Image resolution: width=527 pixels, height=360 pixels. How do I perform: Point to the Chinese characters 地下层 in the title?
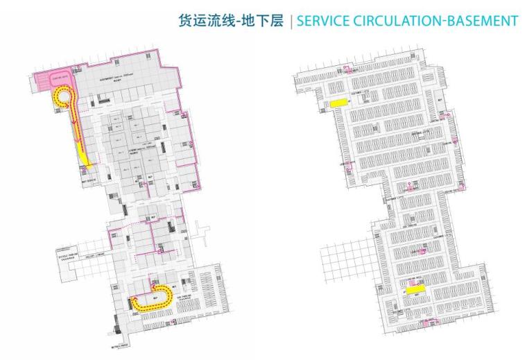[x=267, y=21]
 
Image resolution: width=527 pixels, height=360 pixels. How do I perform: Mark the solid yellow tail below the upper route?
[x=85, y=159]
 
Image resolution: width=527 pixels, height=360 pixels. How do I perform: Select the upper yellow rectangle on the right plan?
[x=338, y=103]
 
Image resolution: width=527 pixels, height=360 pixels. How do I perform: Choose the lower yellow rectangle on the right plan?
[x=415, y=291]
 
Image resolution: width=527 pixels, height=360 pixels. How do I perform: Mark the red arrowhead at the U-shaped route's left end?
[x=131, y=299]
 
